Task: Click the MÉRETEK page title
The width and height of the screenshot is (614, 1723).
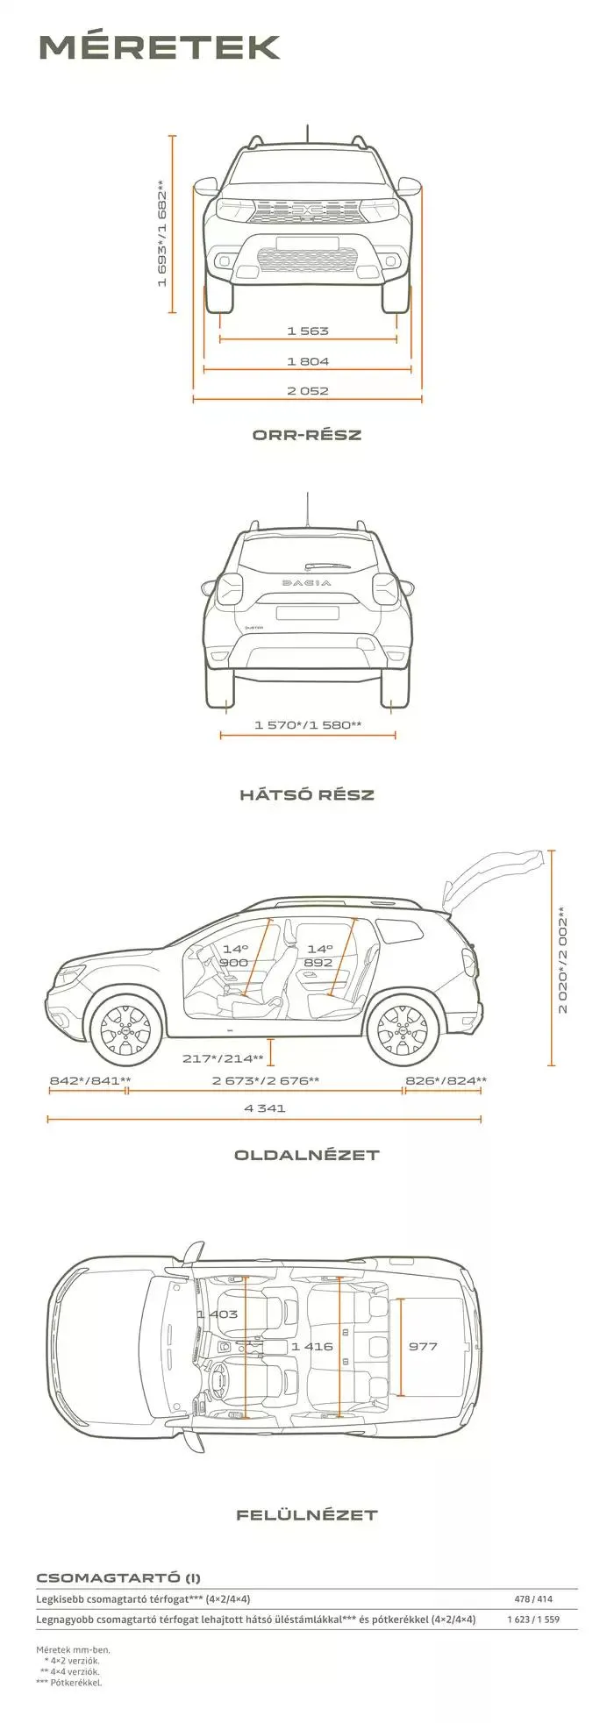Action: pos(160,47)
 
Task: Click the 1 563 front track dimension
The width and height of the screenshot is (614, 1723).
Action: pos(307,331)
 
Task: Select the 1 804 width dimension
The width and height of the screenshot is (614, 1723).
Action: pos(307,361)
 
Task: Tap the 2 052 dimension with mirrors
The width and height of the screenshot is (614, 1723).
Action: pos(307,391)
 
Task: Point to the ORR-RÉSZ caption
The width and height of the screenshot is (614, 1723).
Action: pos(307,435)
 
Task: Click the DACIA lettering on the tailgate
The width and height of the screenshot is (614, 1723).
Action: pos(307,583)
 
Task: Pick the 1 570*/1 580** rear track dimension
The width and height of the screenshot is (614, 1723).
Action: pos(308,725)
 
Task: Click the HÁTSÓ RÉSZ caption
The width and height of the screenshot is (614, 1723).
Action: pos(307,795)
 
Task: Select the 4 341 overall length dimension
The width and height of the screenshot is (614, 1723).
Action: pos(266,1108)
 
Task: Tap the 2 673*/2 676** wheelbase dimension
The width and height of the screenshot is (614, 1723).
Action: pos(266,1081)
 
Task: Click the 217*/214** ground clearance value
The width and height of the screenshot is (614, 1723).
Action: pos(223,1059)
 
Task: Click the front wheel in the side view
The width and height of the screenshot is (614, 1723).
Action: pos(125,1029)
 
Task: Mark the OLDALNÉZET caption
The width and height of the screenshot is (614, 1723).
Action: pos(307,1155)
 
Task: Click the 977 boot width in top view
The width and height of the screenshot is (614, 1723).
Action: pos(423,1346)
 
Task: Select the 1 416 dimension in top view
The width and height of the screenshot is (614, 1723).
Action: pos(312,1346)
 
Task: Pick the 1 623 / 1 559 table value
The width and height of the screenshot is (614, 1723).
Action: pos(532,1620)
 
